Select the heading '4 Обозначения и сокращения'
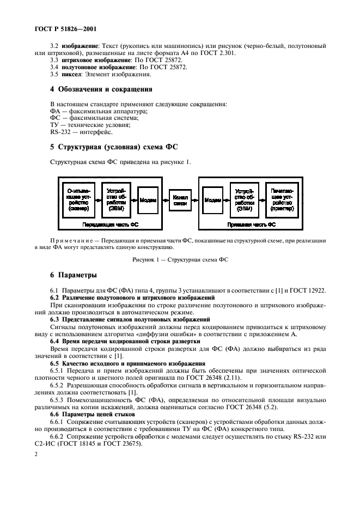point(101,89)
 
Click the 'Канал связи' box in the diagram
point(180,200)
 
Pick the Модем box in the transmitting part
point(148,200)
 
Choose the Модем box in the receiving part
point(213,200)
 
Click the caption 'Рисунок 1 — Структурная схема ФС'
point(180,260)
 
